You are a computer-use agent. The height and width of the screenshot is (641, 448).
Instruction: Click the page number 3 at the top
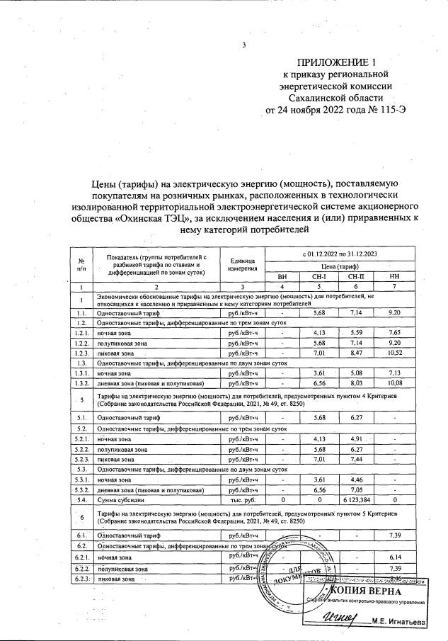tap(243, 46)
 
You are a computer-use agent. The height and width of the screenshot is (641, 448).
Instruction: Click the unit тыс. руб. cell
tap(242, 500)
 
